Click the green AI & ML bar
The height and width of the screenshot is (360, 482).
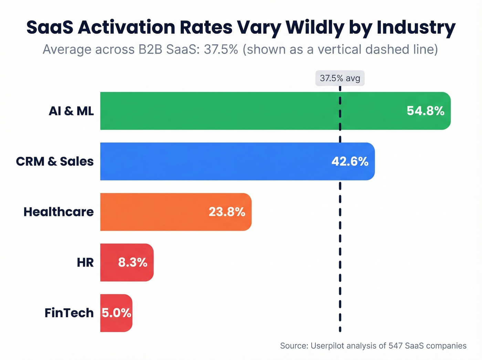tap(241, 111)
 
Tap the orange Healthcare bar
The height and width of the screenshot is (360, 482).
tap(155, 212)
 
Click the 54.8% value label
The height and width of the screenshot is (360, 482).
tap(425, 111)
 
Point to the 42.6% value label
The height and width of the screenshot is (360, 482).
tap(350, 161)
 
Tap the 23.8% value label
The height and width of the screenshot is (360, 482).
tap(227, 212)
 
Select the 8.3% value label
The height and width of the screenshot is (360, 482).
tap(133, 263)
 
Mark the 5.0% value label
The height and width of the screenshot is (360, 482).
tap(116, 313)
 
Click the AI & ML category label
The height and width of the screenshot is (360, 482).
tap(71, 111)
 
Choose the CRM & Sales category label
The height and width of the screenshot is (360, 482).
tap(55, 161)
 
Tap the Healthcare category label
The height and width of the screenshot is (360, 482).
tap(59, 212)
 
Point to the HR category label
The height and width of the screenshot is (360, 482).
tap(85, 263)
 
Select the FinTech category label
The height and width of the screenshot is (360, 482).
tap(69, 313)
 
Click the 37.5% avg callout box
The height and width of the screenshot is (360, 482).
tap(340, 78)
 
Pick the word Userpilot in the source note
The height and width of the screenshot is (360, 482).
tap(327, 346)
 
